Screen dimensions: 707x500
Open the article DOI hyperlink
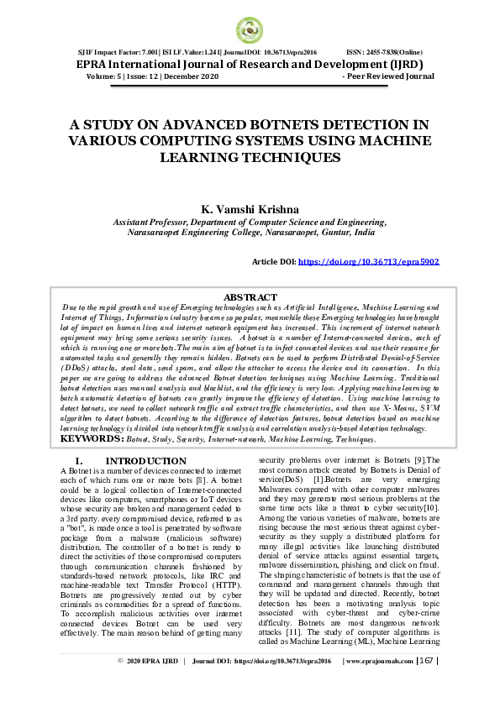click(368, 262)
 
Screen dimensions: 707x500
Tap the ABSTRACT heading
click(250, 297)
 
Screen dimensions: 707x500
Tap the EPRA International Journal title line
click(250, 64)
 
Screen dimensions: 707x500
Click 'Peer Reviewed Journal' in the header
click(387, 76)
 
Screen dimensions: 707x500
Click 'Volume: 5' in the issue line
click(108, 76)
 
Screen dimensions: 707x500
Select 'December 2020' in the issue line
click(192, 76)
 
